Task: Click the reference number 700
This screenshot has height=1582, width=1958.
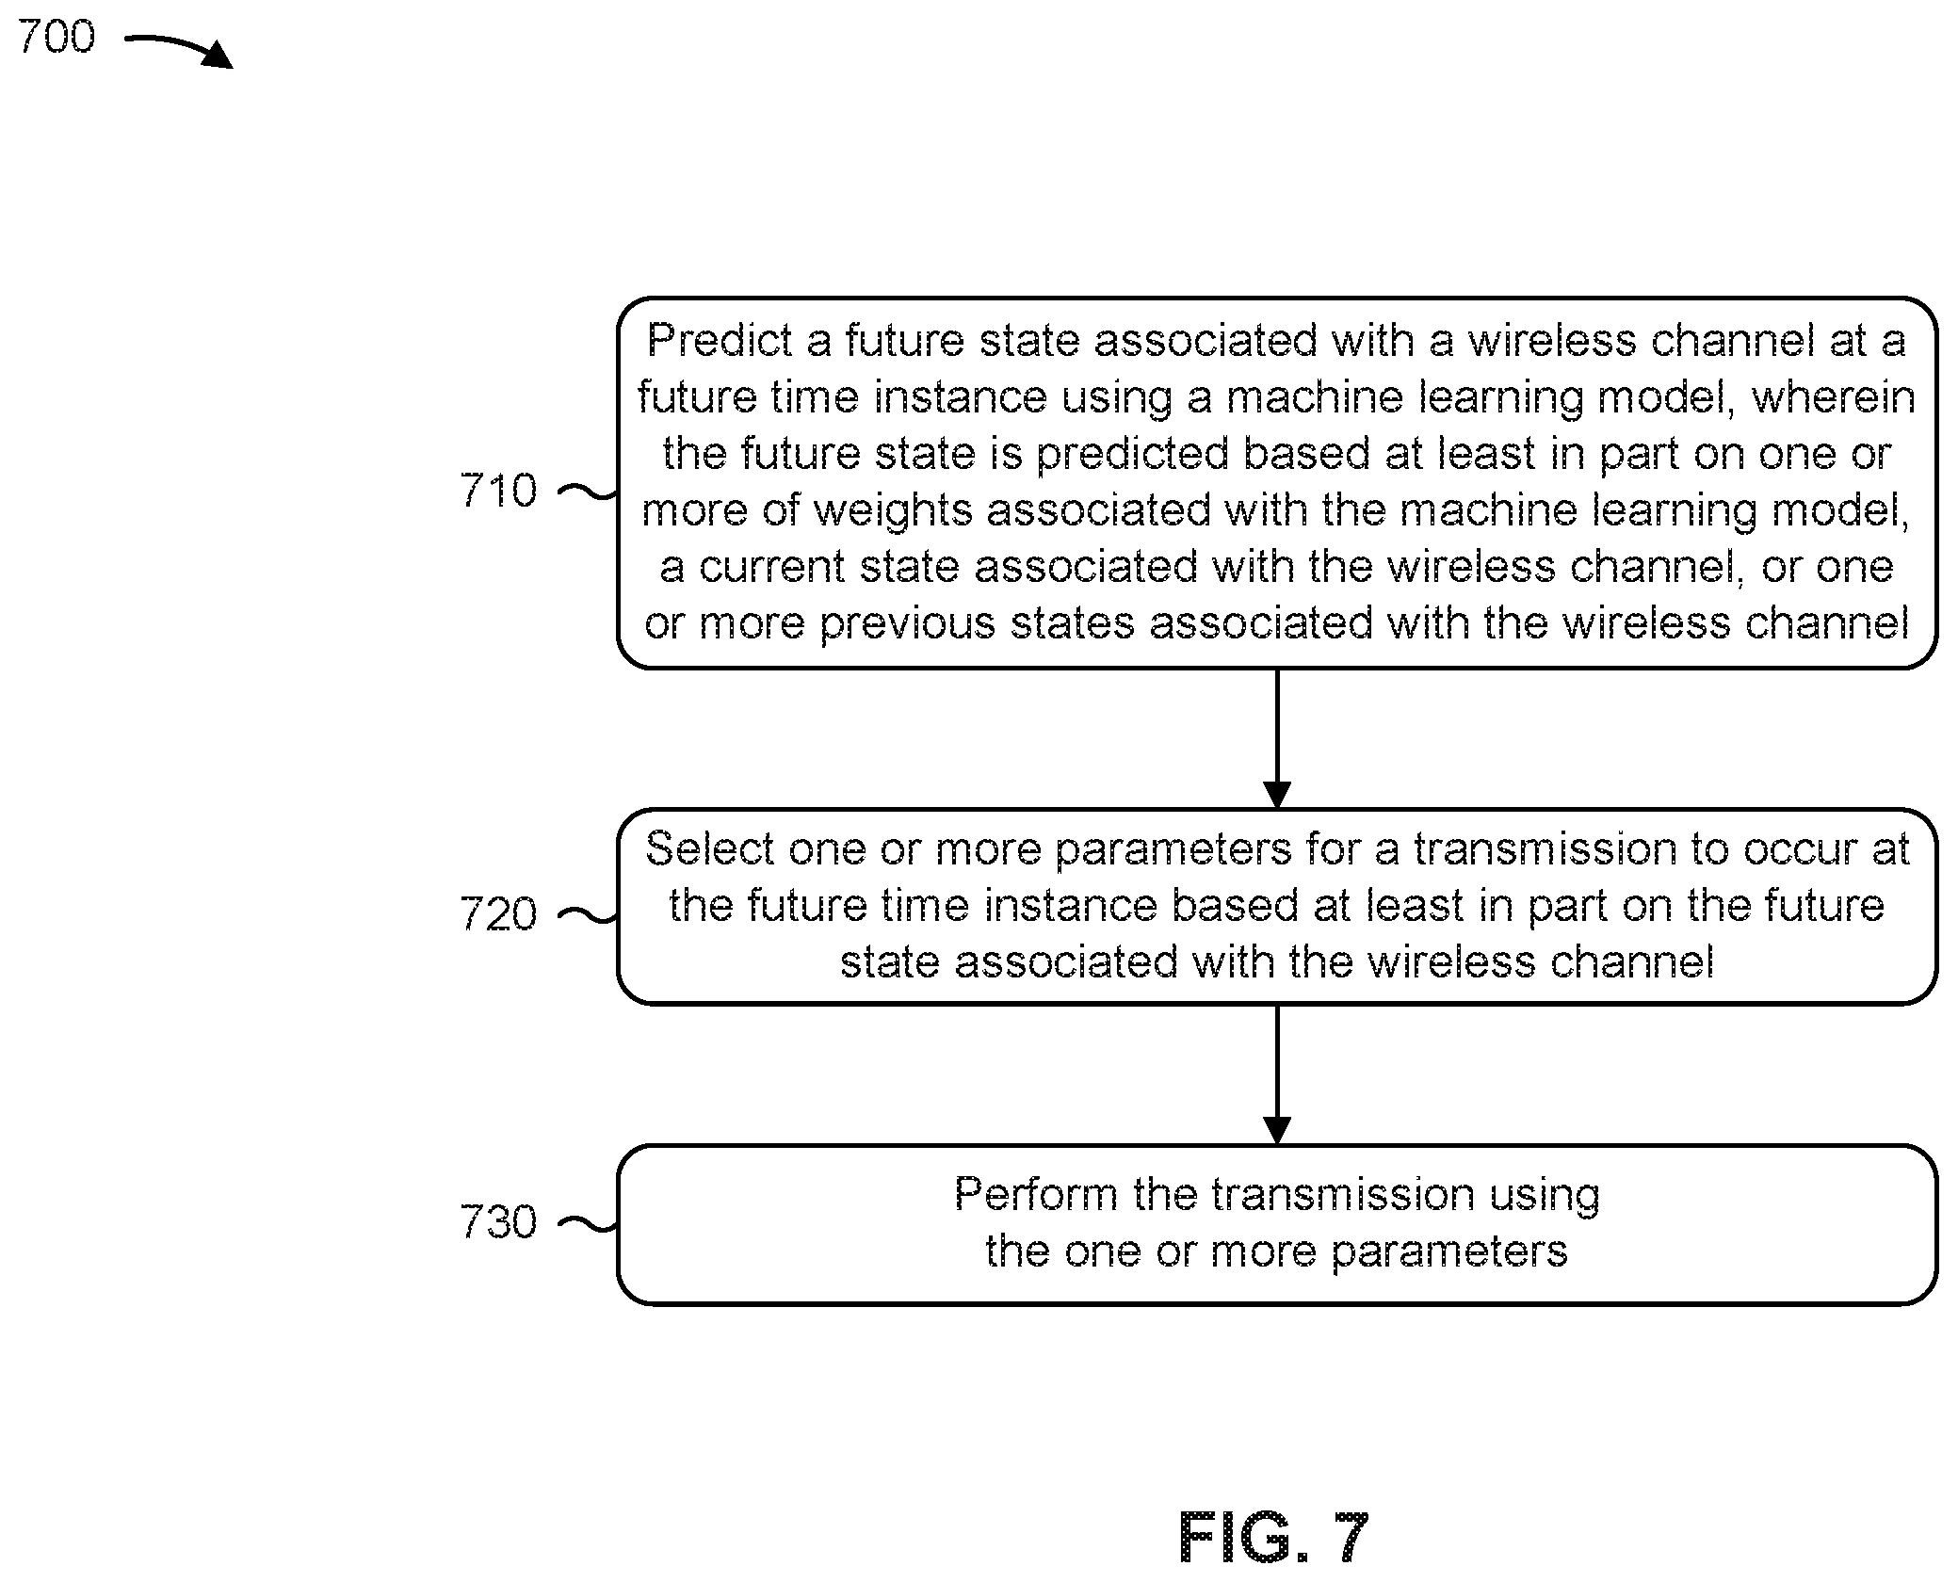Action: click(x=57, y=37)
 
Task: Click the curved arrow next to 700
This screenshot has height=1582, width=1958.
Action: click(x=179, y=48)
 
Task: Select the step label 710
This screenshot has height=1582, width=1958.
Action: click(x=498, y=491)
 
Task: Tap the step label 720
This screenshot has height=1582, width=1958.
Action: click(x=498, y=913)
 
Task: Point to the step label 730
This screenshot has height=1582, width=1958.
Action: click(x=498, y=1221)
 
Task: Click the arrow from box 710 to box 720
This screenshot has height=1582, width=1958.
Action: click(x=1276, y=738)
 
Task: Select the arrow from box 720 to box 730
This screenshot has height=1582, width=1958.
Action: click(x=1276, y=1074)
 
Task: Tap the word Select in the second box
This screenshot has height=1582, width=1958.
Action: click(x=709, y=848)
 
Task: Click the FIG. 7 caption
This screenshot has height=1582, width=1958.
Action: click(x=1273, y=1538)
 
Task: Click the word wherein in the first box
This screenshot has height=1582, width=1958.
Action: click(x=1833, y=396)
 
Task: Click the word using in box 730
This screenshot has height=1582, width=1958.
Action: click(x=1545, y=1196)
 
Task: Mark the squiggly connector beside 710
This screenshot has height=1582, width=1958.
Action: click(x=589, y=491)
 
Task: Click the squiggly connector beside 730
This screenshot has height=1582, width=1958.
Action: click(x=589, y=1222)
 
